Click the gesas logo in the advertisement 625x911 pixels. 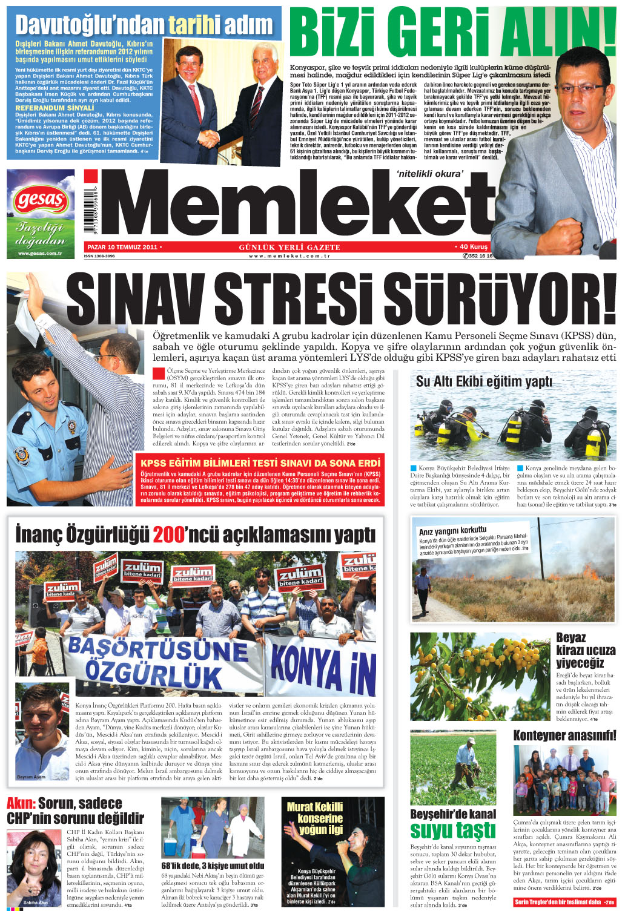tap(41, 199)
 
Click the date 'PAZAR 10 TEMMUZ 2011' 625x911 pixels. tap(122, 247)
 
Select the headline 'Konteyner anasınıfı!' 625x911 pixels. tap(564, 735)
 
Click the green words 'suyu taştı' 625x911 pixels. tap(452, 830)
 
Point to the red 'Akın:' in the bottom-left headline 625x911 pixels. tap(21, 804)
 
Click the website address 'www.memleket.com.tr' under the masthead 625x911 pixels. tap(289, 256)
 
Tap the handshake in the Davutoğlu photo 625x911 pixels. tap(210, 139)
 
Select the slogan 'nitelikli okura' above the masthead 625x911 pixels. tap(430, 174)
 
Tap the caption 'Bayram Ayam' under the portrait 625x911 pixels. tap(31, 777)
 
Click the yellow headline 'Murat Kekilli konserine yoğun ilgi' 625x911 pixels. tap(315, 818)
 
